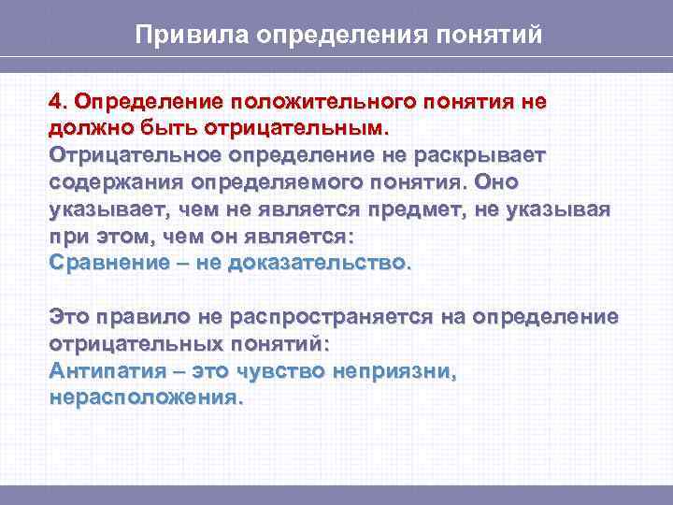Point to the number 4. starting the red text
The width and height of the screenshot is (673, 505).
point(59,100)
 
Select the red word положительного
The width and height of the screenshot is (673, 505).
point(327,100)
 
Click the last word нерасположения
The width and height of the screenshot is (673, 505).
point(145,397)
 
